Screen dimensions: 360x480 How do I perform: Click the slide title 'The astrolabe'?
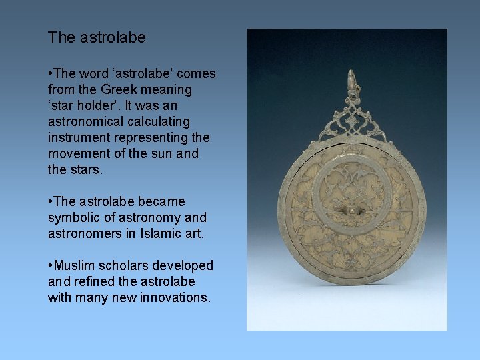pyautogui.click(x=97, y=38)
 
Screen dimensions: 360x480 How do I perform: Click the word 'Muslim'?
pyautogui.click(x=73, y=265)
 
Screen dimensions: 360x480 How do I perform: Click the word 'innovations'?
pyautogui.click(x=175, y=297)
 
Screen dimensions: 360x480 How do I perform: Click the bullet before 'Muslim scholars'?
pyautogui.click(x=50, y=265)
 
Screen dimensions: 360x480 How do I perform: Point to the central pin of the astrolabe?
pyautogui.click(x=352, y=211)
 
